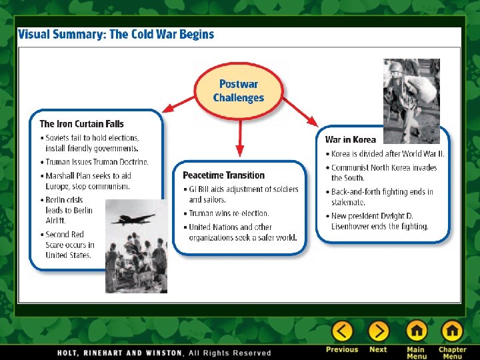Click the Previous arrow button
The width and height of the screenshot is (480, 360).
pyautogui.click(x=342, y=331)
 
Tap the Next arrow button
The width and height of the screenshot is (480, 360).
pyautogui.click(x=378, y=331)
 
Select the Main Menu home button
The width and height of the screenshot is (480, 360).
pyautogui.click(x=417, y=331)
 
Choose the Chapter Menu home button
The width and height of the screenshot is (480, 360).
pyautogui.click(x=452, y=331)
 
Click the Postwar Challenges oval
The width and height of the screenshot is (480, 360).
pyautogui.click(x=239, y=91)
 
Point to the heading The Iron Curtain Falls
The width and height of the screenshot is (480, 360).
pyautogui.click(x=81, y=123)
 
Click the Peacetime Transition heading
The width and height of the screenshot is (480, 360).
pyautogui.click(x=223, y=175)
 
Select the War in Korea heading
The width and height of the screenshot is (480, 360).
pyautogui.click(x=350, y=139)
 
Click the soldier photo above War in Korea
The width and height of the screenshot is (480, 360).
pyautogui.click(x=411, y=100)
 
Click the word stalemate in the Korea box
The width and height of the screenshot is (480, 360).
pyautogui.click(x=348, y=202)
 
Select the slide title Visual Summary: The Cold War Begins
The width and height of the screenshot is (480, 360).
pyautogui.click(x=116, y=34)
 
